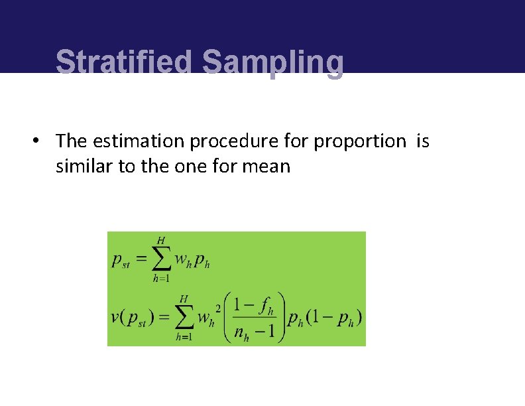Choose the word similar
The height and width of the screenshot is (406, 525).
tap(84, 166)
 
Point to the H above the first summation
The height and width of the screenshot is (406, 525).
tap(161, 239)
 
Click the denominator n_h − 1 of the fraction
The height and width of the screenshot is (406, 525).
tap(255, 332)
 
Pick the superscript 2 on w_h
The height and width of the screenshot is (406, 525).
tap(218, 308)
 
